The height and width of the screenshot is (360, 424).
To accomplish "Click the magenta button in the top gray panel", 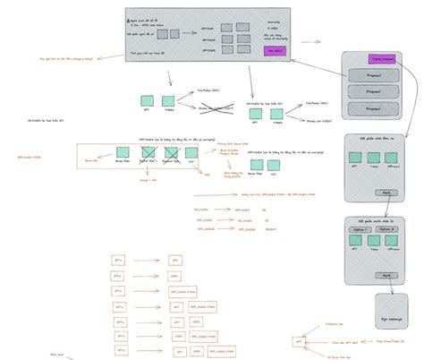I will click(274, 51).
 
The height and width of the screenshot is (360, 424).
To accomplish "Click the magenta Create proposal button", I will click(382, 58).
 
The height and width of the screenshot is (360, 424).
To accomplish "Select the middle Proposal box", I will click(369, 92).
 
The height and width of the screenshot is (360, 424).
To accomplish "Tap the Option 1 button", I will click(360, 230).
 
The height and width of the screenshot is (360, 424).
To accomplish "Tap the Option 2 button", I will click(386, 230).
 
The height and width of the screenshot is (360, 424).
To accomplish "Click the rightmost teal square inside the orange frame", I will click(190, 153).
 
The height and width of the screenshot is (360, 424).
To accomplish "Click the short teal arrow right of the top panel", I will click(310, 41).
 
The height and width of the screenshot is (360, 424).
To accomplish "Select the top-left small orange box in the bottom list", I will click(117, 260).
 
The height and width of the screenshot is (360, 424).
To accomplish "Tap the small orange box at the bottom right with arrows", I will click(298, 342).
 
